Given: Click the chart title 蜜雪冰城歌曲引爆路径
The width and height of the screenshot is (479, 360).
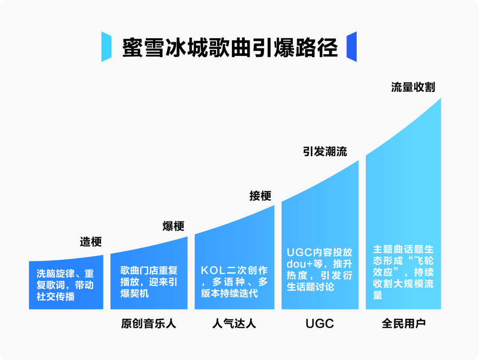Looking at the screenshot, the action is (230, 47).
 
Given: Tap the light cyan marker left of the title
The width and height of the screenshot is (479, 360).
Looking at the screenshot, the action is (106, 47).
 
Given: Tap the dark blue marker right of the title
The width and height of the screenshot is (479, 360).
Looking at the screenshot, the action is (352, 47).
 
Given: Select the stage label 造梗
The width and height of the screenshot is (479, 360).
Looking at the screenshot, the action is (91, 241).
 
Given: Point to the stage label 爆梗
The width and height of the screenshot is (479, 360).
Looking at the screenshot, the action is (173, 226).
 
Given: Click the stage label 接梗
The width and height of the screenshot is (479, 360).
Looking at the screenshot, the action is (260, 196).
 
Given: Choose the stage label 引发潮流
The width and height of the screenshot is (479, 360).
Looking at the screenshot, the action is (325, 151).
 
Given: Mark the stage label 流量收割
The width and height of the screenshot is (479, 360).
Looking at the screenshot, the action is (413, 87).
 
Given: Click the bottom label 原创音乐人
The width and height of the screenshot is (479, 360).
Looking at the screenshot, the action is (149, 324).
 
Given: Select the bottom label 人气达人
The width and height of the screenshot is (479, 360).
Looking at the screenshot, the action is (234, 324).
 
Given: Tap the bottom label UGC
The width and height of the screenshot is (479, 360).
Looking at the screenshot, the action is (320, 324).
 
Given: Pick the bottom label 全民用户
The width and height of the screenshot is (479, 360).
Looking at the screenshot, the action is (404, 324).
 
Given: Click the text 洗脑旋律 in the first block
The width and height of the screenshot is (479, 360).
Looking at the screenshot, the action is (55, 273).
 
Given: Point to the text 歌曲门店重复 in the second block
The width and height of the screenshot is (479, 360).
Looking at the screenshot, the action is (149, 270).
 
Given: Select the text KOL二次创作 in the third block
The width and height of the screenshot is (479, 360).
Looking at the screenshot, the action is (234, 270).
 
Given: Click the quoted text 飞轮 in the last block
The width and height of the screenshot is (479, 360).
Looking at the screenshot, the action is (424, 261).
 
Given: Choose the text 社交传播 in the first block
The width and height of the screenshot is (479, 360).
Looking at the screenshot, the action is (55, 297).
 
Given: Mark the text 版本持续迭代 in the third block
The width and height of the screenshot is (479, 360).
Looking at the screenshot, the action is (229, 293).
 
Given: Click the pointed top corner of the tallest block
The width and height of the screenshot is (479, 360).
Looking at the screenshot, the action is (440, 99).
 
